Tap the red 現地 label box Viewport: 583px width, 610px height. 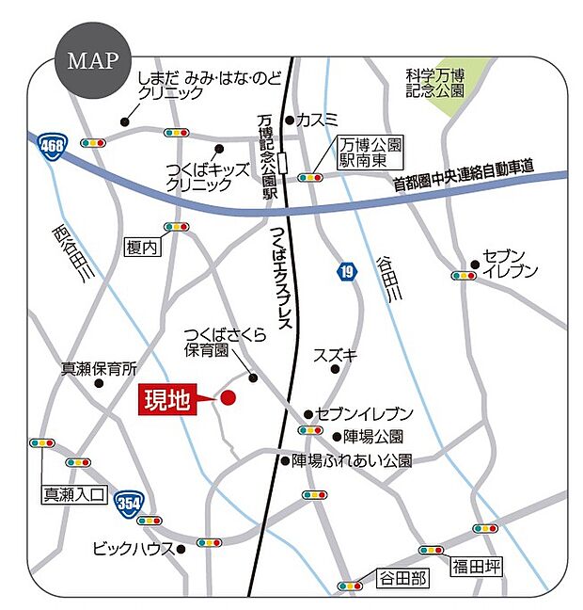point(167,399)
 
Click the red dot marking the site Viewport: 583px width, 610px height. point(228,399)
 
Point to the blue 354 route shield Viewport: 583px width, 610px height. point(129,506)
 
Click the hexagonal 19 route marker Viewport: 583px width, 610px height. point(347,272)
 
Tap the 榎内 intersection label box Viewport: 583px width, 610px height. point(143,247)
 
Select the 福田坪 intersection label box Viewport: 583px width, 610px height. point(478,566)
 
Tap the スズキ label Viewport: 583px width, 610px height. point(336,355)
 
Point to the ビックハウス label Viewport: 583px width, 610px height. point(133,548)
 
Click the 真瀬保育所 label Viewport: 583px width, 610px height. point(99,368)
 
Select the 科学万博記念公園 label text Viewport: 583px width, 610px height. point(434,82)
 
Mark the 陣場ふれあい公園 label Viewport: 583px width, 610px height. point(352,460)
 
